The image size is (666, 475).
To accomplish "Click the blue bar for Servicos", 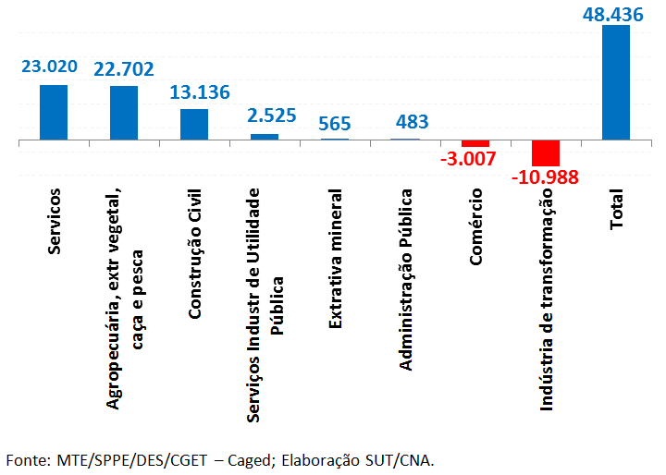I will tap(54, 112).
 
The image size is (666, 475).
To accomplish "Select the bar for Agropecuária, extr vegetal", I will tap(124, 113).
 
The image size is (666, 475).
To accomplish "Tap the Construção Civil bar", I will tap(194, 125).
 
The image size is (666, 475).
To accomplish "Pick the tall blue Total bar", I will tap(615, 82).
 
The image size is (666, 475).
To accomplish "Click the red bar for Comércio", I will tap(475, 143).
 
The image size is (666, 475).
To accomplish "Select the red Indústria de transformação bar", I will tap(546, 152).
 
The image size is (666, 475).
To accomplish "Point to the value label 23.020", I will tap(49, 67).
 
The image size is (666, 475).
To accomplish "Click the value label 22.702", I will tap(124, 67).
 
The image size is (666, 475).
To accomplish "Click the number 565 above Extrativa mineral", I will tap(333, 124).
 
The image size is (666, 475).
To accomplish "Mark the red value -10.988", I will tap(544, 177).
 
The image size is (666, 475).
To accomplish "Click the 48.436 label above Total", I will tap(618, 14).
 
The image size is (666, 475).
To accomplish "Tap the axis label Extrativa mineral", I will tap(335, 259).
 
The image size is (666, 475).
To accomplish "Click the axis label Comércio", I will tap(475, 226).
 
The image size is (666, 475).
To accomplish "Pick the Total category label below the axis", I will tap(616, 210).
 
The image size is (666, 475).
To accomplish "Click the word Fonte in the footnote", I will tap(27, 459).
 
